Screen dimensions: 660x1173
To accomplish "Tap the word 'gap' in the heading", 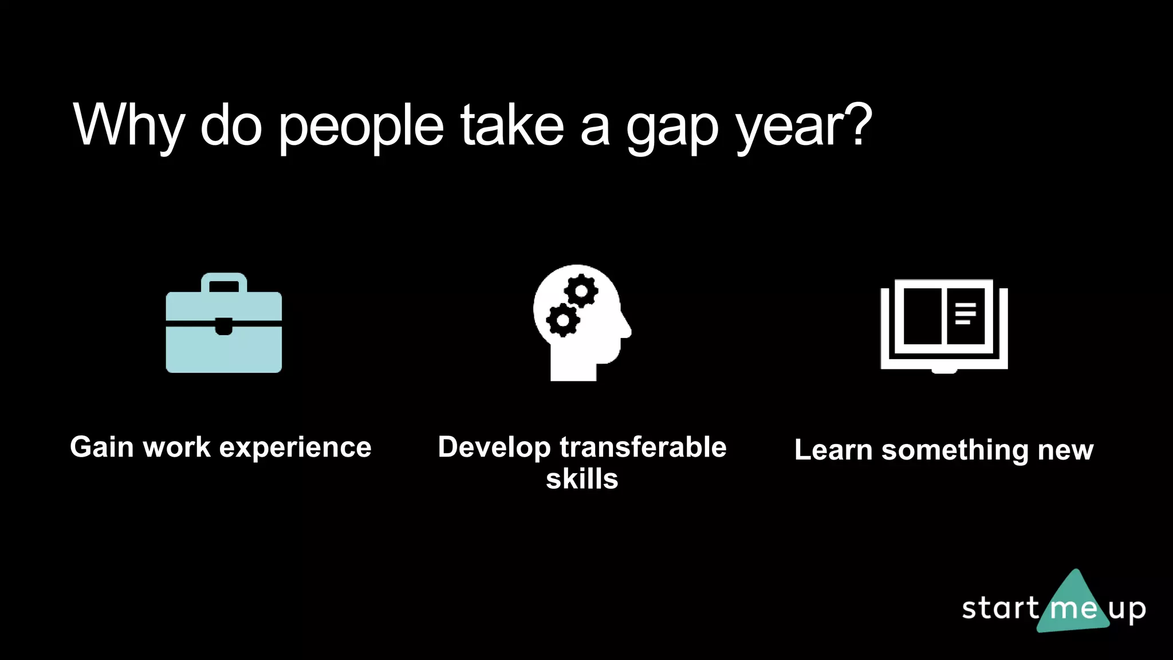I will point(672,129).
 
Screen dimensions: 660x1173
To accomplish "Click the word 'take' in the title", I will point(512,125).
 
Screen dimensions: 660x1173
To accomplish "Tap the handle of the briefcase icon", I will point(224,282).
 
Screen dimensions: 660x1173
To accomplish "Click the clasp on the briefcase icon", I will point(224,327).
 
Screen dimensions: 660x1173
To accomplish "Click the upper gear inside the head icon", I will point(581,291).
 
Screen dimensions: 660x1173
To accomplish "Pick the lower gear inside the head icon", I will point(563,320).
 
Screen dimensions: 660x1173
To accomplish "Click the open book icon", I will point(944,325).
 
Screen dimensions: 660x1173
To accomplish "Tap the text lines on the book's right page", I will point(965,313).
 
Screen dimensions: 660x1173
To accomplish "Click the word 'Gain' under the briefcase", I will point(101,447).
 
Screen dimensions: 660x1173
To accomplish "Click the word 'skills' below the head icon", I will point(582,479).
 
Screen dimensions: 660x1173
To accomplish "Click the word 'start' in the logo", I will point(1000,608).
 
